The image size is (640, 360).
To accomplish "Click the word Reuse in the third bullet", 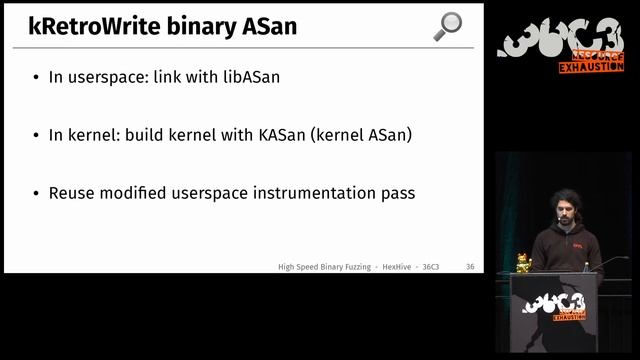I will pos(72,192).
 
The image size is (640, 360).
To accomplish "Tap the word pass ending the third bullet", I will pos(395,192).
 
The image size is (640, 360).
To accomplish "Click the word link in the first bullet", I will pos(168,76).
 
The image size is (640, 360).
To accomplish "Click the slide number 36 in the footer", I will pos(470,267).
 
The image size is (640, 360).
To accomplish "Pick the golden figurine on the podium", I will pos(523,263).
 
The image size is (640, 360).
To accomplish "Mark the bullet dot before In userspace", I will pos(36,77).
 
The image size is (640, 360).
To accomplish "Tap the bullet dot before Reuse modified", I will pos(36,193).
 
